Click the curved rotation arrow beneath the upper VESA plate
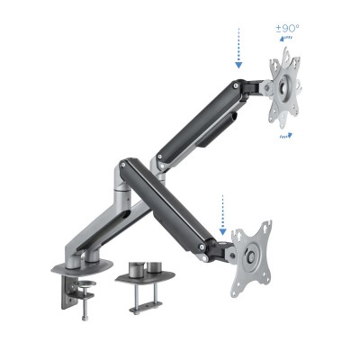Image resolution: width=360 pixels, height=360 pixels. pos(285,136)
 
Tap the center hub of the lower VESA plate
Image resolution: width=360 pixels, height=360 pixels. pos(247,254)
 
